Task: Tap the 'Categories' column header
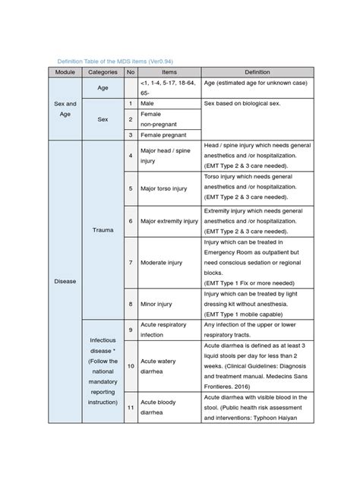point(102,72)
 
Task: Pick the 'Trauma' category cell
point(102,227)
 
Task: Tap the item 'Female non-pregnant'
point(160,118)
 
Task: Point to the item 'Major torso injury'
point(163,188)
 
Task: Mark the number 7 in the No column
point(131,262)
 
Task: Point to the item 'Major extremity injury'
point(169,221)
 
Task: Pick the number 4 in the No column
point(131,156)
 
